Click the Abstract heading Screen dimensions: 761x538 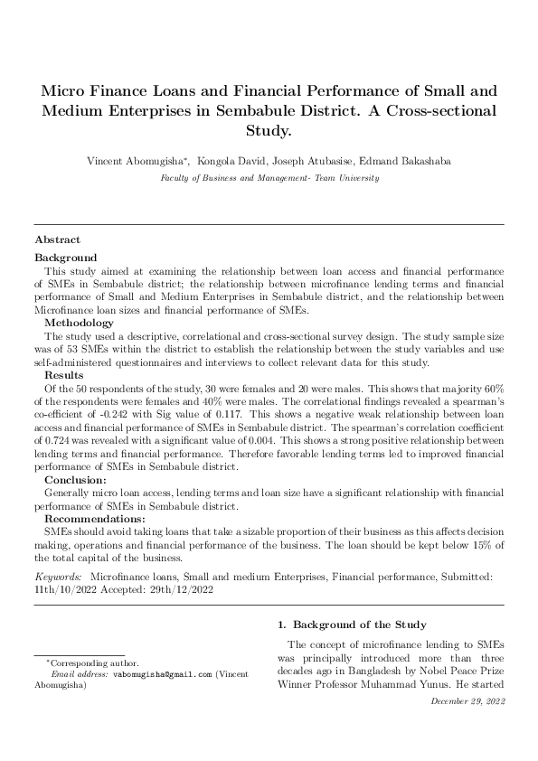point(57,240)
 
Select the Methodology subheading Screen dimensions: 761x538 point(80,322)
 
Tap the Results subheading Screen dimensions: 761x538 point(64,374)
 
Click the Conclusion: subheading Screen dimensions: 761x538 point(76,480)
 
